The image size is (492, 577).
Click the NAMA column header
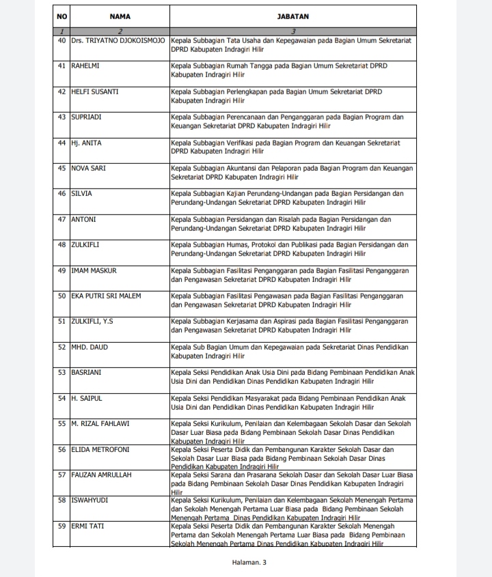(x=120, y=15)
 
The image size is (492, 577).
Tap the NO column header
(x=61, y=15)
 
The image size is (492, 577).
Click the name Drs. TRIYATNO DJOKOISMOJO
(x=119, y=41)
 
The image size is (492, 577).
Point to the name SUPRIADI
(x=87, y=117)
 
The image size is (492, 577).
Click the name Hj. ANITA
(x=86, y=143)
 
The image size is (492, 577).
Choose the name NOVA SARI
(x=89, y=168)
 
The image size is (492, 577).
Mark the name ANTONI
(x=83, y=219)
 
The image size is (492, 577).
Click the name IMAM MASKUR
(x=94, y=270)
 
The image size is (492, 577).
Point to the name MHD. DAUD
(x=89, y=347)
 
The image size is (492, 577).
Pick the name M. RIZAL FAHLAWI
(x=100, y=424)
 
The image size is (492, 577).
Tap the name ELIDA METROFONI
(x=100, y=449)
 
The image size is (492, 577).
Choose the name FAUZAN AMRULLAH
(x=102, y=475)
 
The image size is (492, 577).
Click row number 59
(x=61, y=526)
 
